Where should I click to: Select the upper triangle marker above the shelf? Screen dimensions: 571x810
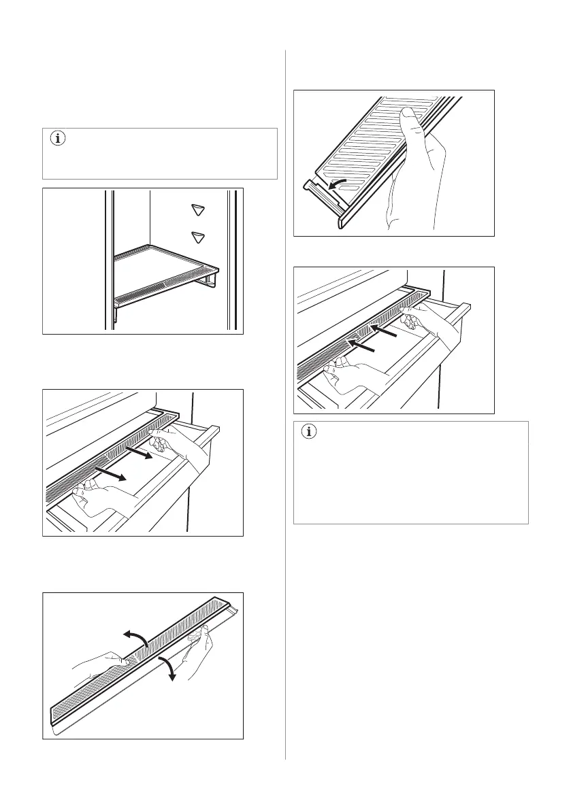(x=198, y=209)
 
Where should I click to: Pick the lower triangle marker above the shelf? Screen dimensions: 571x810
(x=198, y=237)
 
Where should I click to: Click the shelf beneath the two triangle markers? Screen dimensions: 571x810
(x=163, y=272)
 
